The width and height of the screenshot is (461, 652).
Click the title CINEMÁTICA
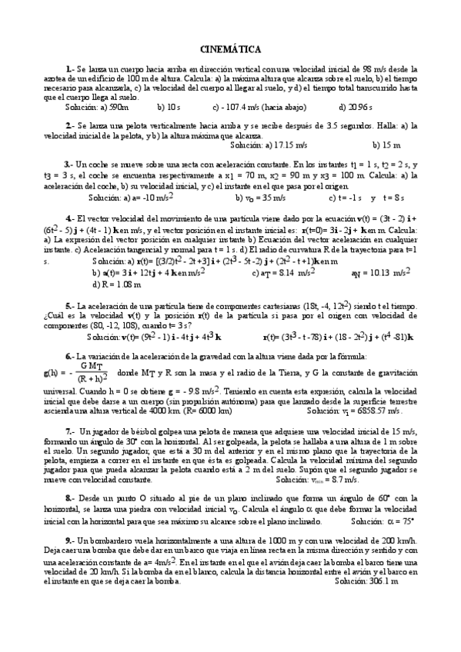[230, 48]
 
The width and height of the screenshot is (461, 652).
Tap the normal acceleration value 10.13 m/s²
[384, 273]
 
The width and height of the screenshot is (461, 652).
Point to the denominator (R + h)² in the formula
[92, 378]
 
